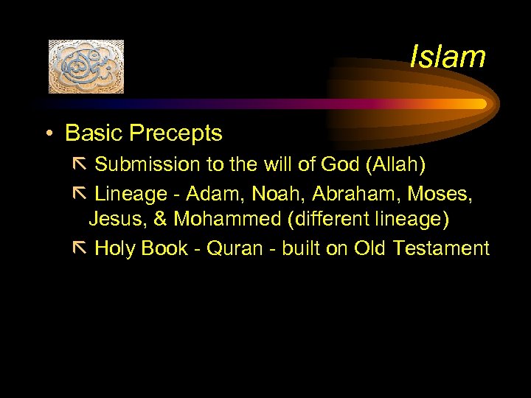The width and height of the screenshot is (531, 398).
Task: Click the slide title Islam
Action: tap(448, 57)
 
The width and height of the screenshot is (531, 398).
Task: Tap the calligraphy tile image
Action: tap(86, 66)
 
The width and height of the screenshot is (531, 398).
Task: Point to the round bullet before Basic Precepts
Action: tap(48, 134)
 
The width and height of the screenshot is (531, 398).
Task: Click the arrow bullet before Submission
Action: tap(80, 164)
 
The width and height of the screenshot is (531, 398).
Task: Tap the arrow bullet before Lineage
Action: tap(80, 192)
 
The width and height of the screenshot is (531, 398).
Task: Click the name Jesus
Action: tap(114, 220)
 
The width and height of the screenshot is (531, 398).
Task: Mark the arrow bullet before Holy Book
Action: tap(80, 248)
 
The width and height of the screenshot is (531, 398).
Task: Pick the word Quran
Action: tap(235, 248)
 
